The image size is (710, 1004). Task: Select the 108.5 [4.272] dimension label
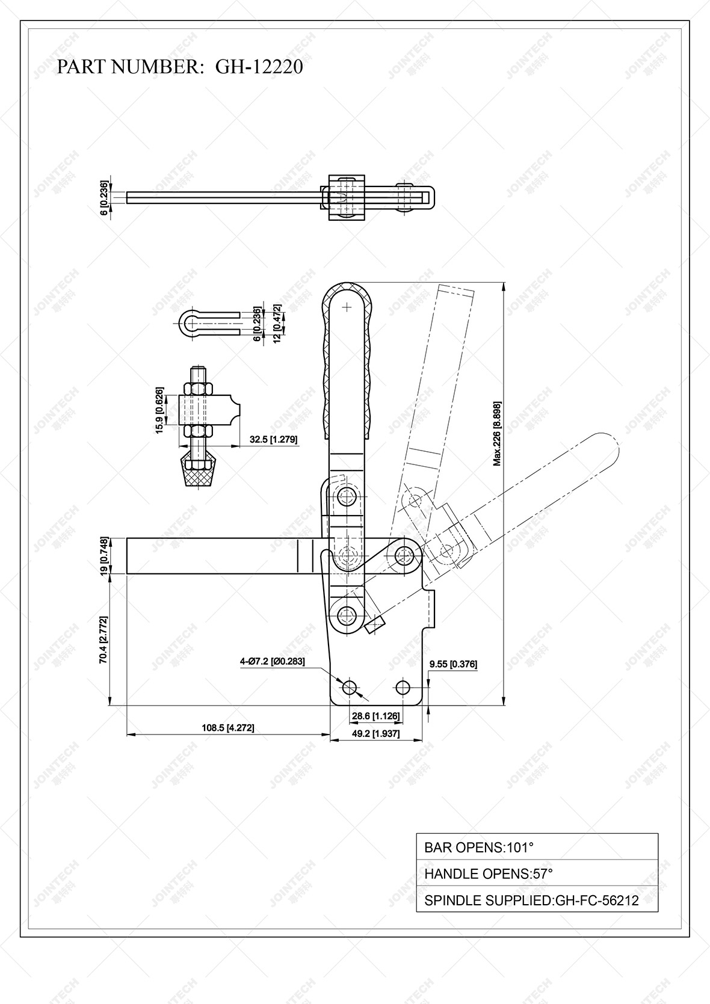pos(227,728)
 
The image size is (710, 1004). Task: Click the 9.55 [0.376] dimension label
pos(452,664)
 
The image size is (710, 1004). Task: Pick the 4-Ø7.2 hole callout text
pos(272,662)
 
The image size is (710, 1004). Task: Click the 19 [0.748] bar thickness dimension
pos(103,556)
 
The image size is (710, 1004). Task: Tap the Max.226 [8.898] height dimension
pos(497,433)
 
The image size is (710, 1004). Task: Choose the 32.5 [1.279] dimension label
pos(273,440)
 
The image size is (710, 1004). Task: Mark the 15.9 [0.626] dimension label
pos(159,410)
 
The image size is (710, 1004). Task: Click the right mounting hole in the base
pos(403,687)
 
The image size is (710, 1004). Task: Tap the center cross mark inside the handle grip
pos(347,307)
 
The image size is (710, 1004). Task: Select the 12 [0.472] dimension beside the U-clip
pos(278,322)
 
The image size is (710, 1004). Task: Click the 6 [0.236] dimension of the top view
pos(105,197)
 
